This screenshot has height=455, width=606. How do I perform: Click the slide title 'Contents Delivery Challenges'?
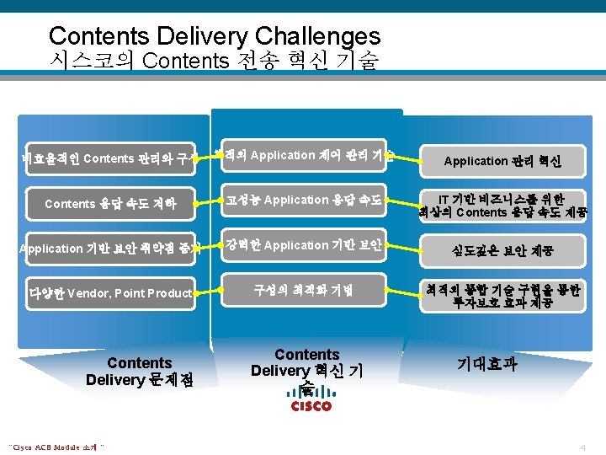215,36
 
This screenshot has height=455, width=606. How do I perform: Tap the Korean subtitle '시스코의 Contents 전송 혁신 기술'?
215,61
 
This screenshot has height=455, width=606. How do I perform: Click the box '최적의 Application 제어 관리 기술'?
302,156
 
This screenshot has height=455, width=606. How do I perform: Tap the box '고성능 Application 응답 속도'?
302,201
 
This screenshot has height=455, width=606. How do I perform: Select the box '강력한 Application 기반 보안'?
302,245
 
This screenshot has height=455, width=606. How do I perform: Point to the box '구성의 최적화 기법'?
302,290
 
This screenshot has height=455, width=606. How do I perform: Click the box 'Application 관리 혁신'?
502,160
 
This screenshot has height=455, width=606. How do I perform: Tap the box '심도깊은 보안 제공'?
502,250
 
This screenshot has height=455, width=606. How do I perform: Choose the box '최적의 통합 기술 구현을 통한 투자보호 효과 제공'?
502,295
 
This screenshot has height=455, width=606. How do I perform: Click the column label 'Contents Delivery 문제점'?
140,372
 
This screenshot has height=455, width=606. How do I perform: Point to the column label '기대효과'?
486,364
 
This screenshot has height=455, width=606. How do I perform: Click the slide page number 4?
582,446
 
